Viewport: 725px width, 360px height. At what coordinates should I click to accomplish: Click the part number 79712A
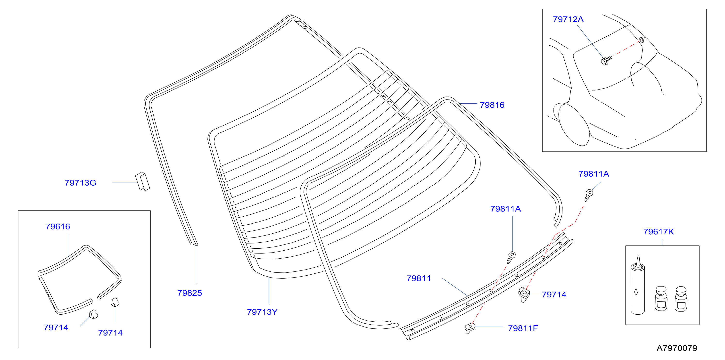pyautogui.click(x=568, y=19)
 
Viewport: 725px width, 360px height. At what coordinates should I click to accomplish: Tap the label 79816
pyautogui.click(x=492, y=105)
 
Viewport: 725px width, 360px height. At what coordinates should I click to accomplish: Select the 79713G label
pyautogui.click(x=81, y=183)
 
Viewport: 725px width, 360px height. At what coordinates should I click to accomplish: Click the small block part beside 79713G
pyautogui.click(x=142, y=181)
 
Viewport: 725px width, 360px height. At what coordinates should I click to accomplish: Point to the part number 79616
pyautogui.click(x=58, y=227)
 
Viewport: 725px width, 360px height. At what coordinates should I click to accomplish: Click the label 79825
pyautogui.click(x=190, y=293)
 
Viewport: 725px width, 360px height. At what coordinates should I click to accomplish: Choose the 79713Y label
pyautogui.click(x=262, y=312)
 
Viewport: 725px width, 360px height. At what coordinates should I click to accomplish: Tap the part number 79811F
pyautogui.click(x=523, y=328)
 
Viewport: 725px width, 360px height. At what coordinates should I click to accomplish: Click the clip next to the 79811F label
pyautogui.click(x=470, y=328)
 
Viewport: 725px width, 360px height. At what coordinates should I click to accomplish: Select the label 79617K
pyautogui.click(x=659, y=232)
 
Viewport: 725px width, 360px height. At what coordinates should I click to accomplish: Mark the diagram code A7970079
pyautogui.click(x=677, y=348)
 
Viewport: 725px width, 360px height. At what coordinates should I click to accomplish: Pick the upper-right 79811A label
pyautogui.click(x=594, y=174)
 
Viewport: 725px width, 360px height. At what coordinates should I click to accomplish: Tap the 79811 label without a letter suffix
pyautogui.click(x=419, y=278)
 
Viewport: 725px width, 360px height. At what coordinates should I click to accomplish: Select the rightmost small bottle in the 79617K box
pyautogui.click(x=681, y=299)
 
